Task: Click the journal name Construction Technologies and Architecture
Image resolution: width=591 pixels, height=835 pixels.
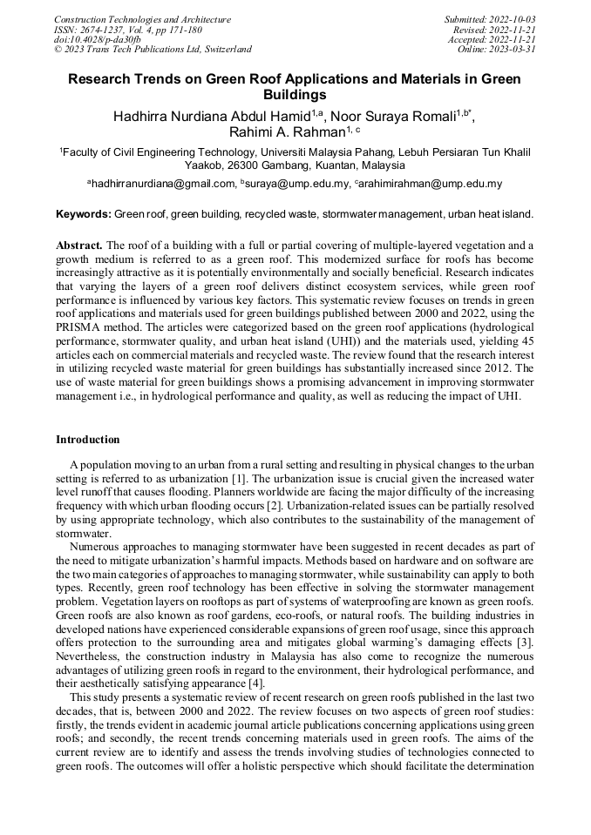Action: coord(142,19)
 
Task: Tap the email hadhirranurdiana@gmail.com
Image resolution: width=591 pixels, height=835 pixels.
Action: coord(164,184)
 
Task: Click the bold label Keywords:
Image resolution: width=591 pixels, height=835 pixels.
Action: coord(84,214)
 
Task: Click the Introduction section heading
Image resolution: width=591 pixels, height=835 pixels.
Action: coord(88,440)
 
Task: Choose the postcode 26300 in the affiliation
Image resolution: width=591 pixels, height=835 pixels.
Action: coord(243,165)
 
